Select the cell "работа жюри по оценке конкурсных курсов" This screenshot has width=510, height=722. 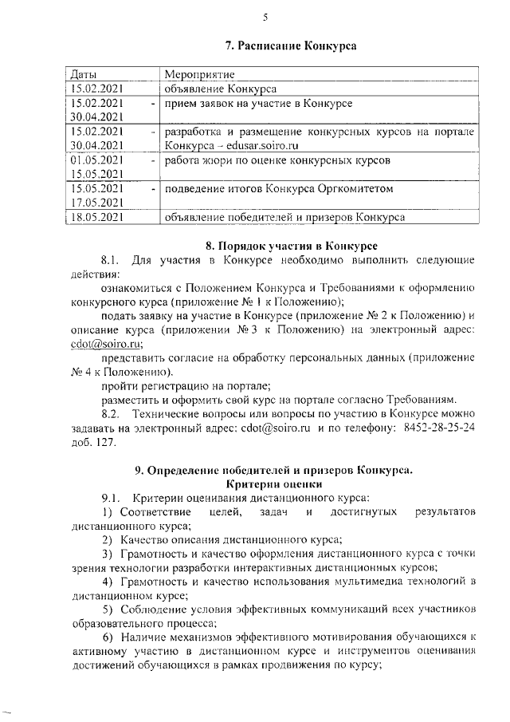pos(277,160)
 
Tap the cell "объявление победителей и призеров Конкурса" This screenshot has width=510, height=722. pos(284,216)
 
